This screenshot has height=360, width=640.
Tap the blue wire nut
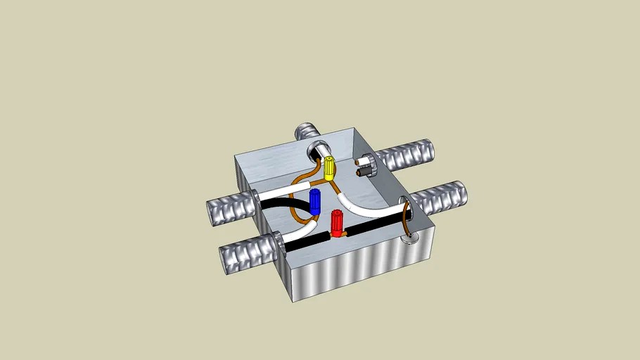tap(316, 202)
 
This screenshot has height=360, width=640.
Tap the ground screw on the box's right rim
tap(407, 240)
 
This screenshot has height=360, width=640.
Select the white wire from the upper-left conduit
tap(281, 192)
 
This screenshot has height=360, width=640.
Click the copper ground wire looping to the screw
tap(407, 219)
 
